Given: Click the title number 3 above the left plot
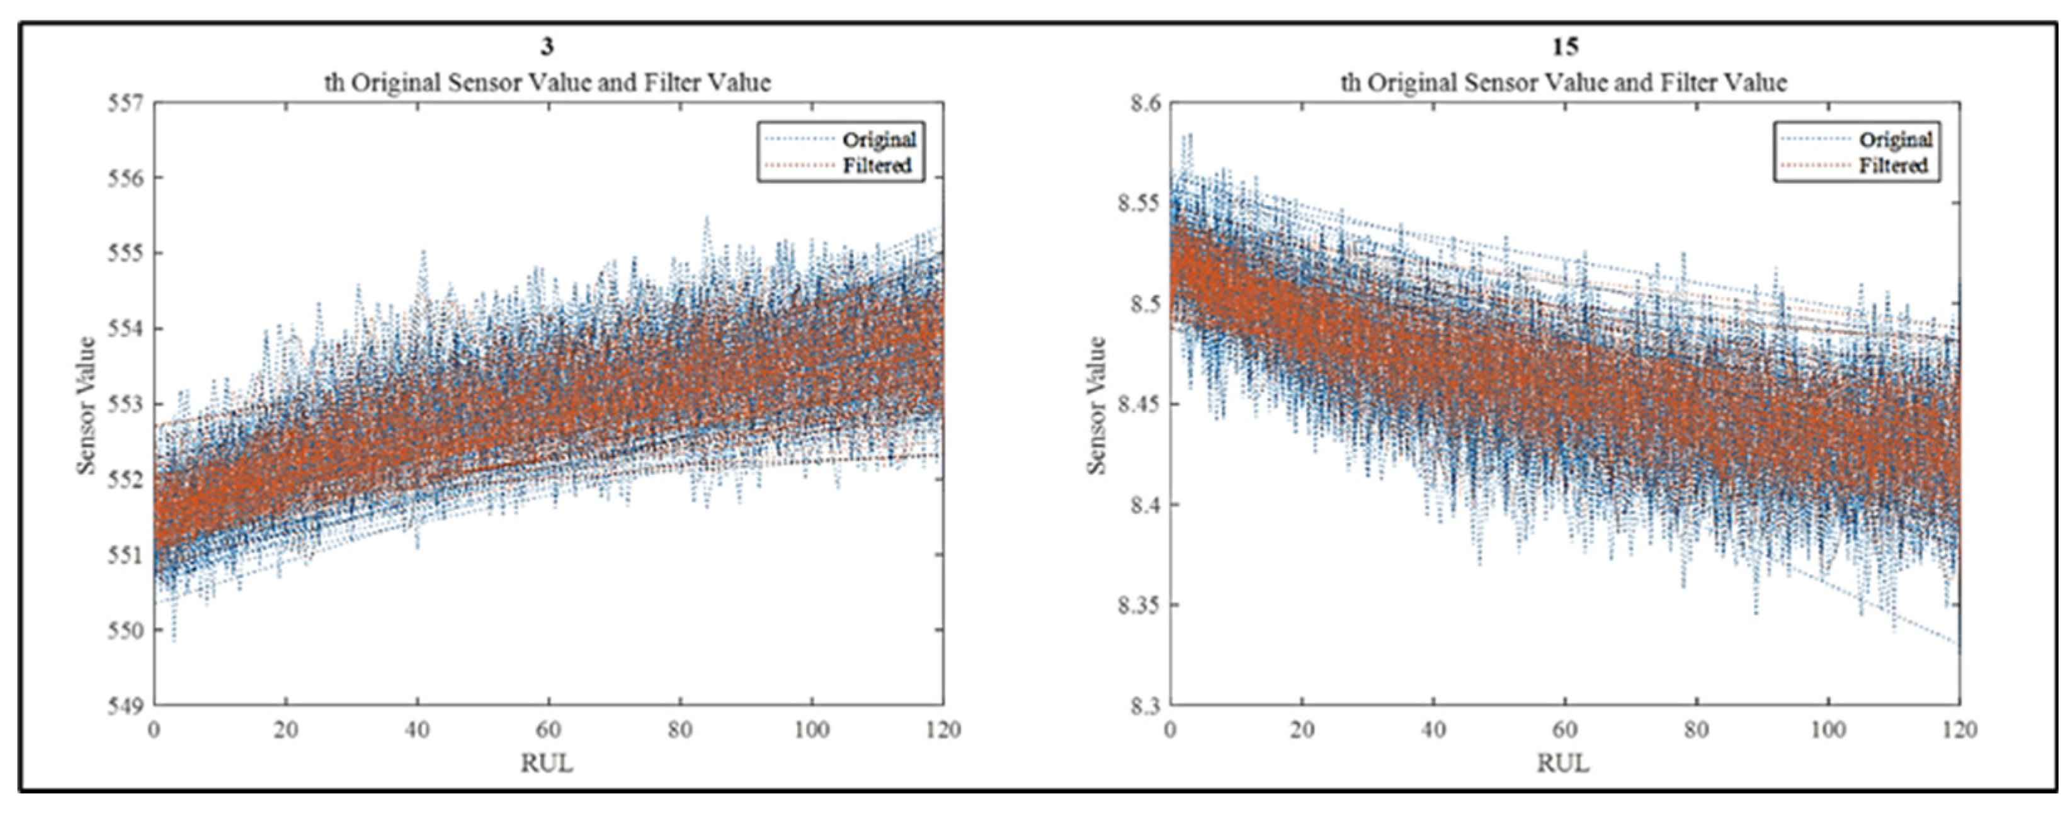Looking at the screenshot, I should (547, 47).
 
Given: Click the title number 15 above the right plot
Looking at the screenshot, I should (1564, 47).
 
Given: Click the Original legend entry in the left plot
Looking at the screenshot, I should (879, 140).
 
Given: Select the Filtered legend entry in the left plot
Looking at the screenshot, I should (877, 166).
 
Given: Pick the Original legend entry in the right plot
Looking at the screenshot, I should (1895, 140).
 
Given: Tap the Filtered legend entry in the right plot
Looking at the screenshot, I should (1893, 166).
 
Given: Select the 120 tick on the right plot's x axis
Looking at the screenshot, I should (1959, 730).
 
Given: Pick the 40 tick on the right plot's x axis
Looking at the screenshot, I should (1433, 730).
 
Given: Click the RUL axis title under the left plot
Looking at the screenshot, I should (547, 762).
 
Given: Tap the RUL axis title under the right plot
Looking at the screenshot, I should (1564, 762).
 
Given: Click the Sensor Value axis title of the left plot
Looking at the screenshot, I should (87, 404).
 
